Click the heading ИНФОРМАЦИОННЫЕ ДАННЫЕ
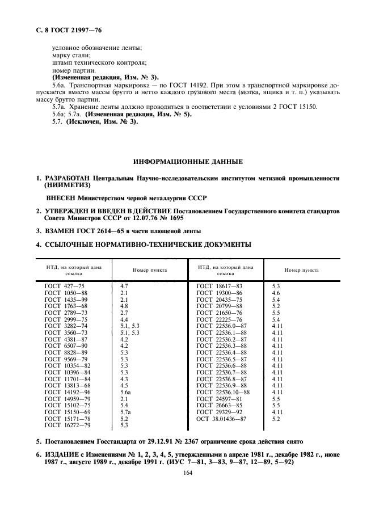[188, 161]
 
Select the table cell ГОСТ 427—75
[64, 287]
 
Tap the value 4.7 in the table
[125, 287]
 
